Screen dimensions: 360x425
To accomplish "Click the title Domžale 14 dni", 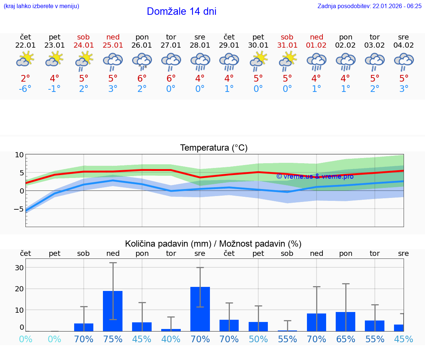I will tap(182, 11).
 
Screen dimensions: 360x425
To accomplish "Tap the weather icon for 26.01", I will tap(142, 61).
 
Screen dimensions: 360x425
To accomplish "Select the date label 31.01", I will tap(287, 45).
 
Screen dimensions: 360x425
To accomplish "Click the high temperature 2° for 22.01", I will tap(25, 79).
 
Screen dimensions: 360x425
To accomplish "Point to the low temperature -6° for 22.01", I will tap(25, 89).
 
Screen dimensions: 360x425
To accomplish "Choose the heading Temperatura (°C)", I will tap(214, 148).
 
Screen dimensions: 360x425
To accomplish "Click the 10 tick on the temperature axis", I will tap(19, 155).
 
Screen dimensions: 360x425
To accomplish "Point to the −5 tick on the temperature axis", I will tap(18, 209).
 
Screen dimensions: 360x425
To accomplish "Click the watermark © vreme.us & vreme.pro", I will tap(315, 176).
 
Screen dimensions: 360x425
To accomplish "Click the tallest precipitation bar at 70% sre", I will tap(200, 309).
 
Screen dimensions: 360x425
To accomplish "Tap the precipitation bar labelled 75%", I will tap(113, 311).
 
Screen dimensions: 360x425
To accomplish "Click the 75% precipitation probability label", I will tap(113, 339).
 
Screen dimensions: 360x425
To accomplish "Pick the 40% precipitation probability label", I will tap(171, 339).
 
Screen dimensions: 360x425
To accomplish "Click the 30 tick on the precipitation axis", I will tap(19, 268).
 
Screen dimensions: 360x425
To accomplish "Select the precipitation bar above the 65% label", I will tap(346, 321).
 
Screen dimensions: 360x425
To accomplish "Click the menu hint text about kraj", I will tap(41, 6).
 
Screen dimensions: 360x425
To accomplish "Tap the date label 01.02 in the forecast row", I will tap(316, 45).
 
